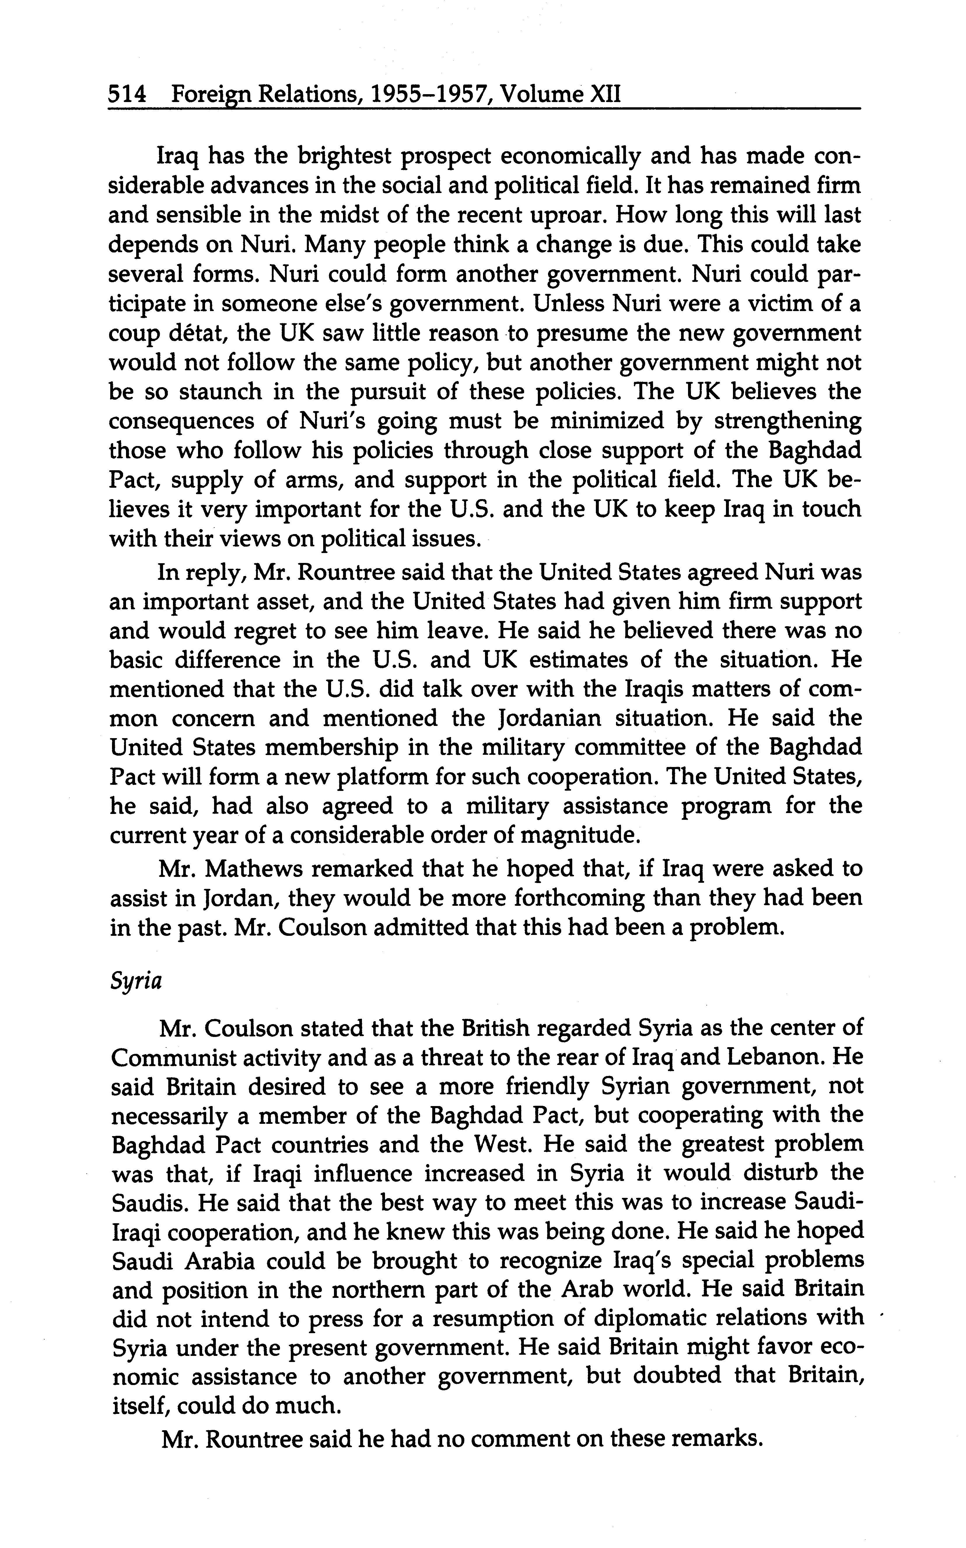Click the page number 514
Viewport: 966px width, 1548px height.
coord(127,96)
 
